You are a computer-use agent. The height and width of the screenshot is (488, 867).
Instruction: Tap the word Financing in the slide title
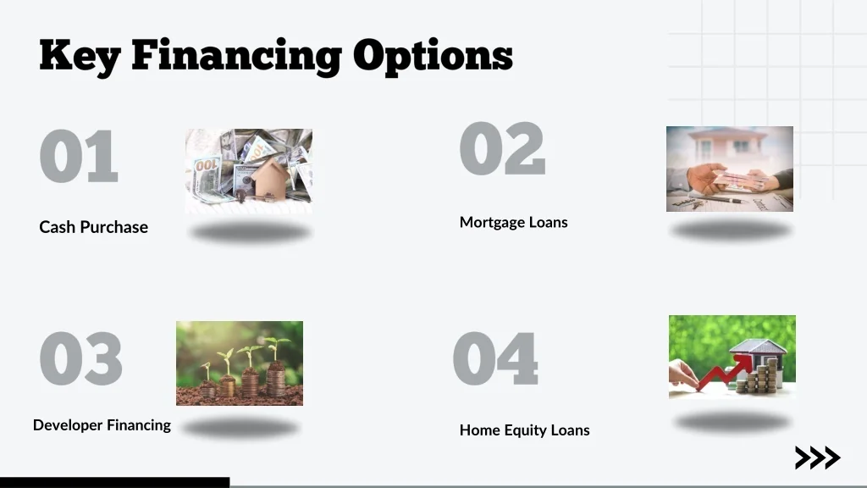(236, 56)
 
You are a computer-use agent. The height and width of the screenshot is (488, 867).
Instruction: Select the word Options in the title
(433, 56)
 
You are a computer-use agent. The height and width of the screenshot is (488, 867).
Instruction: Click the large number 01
(79, 157)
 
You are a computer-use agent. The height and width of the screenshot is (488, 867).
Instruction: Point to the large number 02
(502, 149)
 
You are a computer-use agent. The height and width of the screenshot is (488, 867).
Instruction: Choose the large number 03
(81, 358)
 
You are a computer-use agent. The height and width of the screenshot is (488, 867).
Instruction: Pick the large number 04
(495, 358)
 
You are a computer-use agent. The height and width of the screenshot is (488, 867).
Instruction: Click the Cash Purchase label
(93, 227)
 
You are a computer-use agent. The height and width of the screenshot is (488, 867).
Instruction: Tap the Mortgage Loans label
(513, 222)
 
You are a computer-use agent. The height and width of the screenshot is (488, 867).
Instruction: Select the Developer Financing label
(102, 425)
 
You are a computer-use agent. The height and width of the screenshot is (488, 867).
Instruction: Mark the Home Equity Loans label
(524, 430)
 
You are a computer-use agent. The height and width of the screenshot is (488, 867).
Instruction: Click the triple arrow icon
(817, 458)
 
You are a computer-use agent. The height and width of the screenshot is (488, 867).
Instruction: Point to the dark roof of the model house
(759, 347)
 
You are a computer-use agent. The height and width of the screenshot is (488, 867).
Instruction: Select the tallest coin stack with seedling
(276, 373)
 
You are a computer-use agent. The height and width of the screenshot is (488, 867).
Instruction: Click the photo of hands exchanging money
(729, 169)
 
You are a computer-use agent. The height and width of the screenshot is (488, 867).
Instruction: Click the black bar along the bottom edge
(114, 482)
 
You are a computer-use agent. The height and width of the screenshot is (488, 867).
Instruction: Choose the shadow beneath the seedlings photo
(240, 428)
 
